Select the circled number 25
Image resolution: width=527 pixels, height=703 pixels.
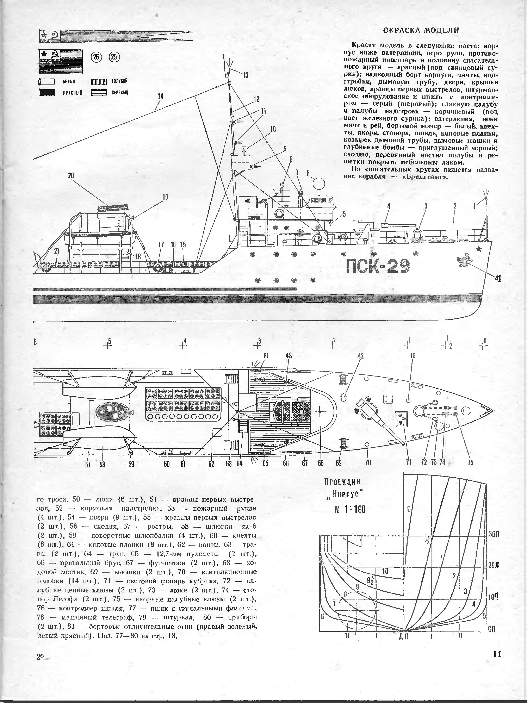(x=114, y=57)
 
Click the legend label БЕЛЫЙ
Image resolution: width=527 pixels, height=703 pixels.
(x=69, y=82)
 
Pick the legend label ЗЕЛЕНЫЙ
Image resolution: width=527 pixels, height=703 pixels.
(x=119, y=93)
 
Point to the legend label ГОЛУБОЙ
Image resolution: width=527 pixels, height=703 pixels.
(x=119, y=81)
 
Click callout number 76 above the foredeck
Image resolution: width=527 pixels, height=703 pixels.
(x=412, y=356)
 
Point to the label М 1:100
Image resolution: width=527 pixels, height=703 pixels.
(x=350, y=509)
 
